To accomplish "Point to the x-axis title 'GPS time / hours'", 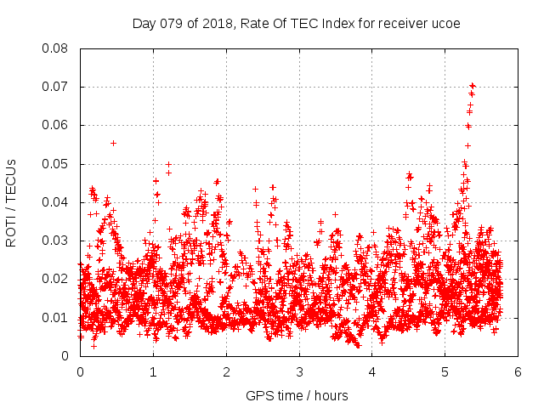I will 297,395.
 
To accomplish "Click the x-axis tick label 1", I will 154,372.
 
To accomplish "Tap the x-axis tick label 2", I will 227,372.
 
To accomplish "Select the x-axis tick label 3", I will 300,372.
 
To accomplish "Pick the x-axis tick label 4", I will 373,372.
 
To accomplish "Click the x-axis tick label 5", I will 445,372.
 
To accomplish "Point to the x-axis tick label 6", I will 518,372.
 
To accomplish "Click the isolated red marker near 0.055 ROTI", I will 113,143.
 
